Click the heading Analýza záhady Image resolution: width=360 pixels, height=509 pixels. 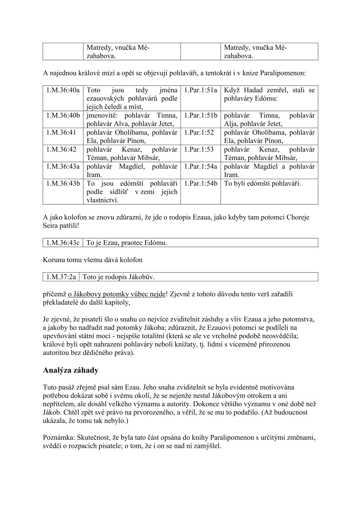(70, 370)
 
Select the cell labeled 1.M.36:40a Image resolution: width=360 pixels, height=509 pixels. (63, 90)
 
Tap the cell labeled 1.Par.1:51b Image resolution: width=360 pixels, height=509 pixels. (200, 116)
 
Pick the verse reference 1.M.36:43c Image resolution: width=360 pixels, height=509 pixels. (63, 243)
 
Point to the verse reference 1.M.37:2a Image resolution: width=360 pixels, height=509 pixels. (61, 277)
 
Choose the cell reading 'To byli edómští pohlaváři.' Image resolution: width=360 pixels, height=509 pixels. (262, 183)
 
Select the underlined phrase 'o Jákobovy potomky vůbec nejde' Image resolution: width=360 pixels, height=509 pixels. (117, 294)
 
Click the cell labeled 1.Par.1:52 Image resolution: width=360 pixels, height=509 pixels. (198, 132)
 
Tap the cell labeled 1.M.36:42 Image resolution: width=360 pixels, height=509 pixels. (61, 149)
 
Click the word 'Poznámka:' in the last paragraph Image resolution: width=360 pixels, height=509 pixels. (59, 437)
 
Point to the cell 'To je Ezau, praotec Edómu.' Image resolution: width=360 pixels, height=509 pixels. (127, 243)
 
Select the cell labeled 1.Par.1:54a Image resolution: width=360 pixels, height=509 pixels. (200, 166)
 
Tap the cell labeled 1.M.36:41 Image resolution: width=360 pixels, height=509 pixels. (61, 132)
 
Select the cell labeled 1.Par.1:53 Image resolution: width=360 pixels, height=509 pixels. (198, 149)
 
